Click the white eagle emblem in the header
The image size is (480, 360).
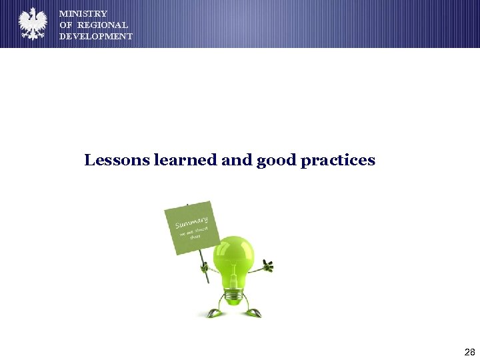point(33,24)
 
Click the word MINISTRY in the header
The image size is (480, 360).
point(83,13)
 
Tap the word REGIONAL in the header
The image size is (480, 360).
point(103,25)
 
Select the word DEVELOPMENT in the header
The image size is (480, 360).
point(96,36)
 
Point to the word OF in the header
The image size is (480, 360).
point(66,25)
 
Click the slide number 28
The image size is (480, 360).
point(469,351)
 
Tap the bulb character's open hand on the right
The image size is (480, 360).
point(268,267)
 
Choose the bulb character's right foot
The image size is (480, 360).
point(253,312)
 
